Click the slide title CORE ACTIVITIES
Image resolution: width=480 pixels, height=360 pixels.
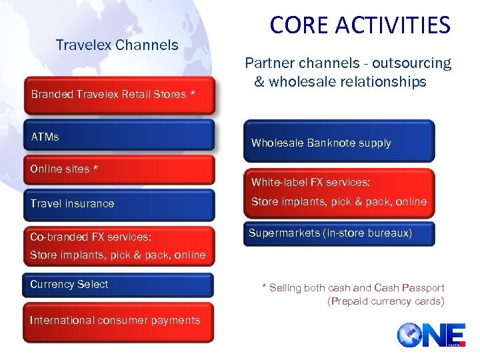tap(360, 25)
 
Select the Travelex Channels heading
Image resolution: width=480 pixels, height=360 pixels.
tap(117, 45)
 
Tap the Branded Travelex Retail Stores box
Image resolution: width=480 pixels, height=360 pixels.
tap(119, 95)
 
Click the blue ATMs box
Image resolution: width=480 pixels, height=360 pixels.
tap(119, 136)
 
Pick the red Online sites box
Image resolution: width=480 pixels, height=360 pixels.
tap(119, 169)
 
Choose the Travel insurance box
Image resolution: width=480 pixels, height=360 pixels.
tap(119, 204)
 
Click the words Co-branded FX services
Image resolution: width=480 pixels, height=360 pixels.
tap(91, 237)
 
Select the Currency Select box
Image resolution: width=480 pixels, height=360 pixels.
tap(119, 285)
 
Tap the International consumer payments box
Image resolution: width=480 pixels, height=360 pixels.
tap(119, 321)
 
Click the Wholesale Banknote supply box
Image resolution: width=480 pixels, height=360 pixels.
tap(339, 143)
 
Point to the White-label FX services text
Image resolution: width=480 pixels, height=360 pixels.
tap(311, 183)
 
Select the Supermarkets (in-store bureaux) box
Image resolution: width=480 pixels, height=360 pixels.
tap(339, 233)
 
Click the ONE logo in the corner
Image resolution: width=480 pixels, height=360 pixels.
tap(431, 334)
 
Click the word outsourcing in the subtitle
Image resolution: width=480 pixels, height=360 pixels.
tap(411, 63)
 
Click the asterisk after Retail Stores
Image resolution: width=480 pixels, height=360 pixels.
tap(193, 94)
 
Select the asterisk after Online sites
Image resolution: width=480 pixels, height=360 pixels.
tap(95, 169)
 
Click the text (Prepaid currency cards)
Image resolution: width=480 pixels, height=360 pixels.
tap(385, 301)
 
